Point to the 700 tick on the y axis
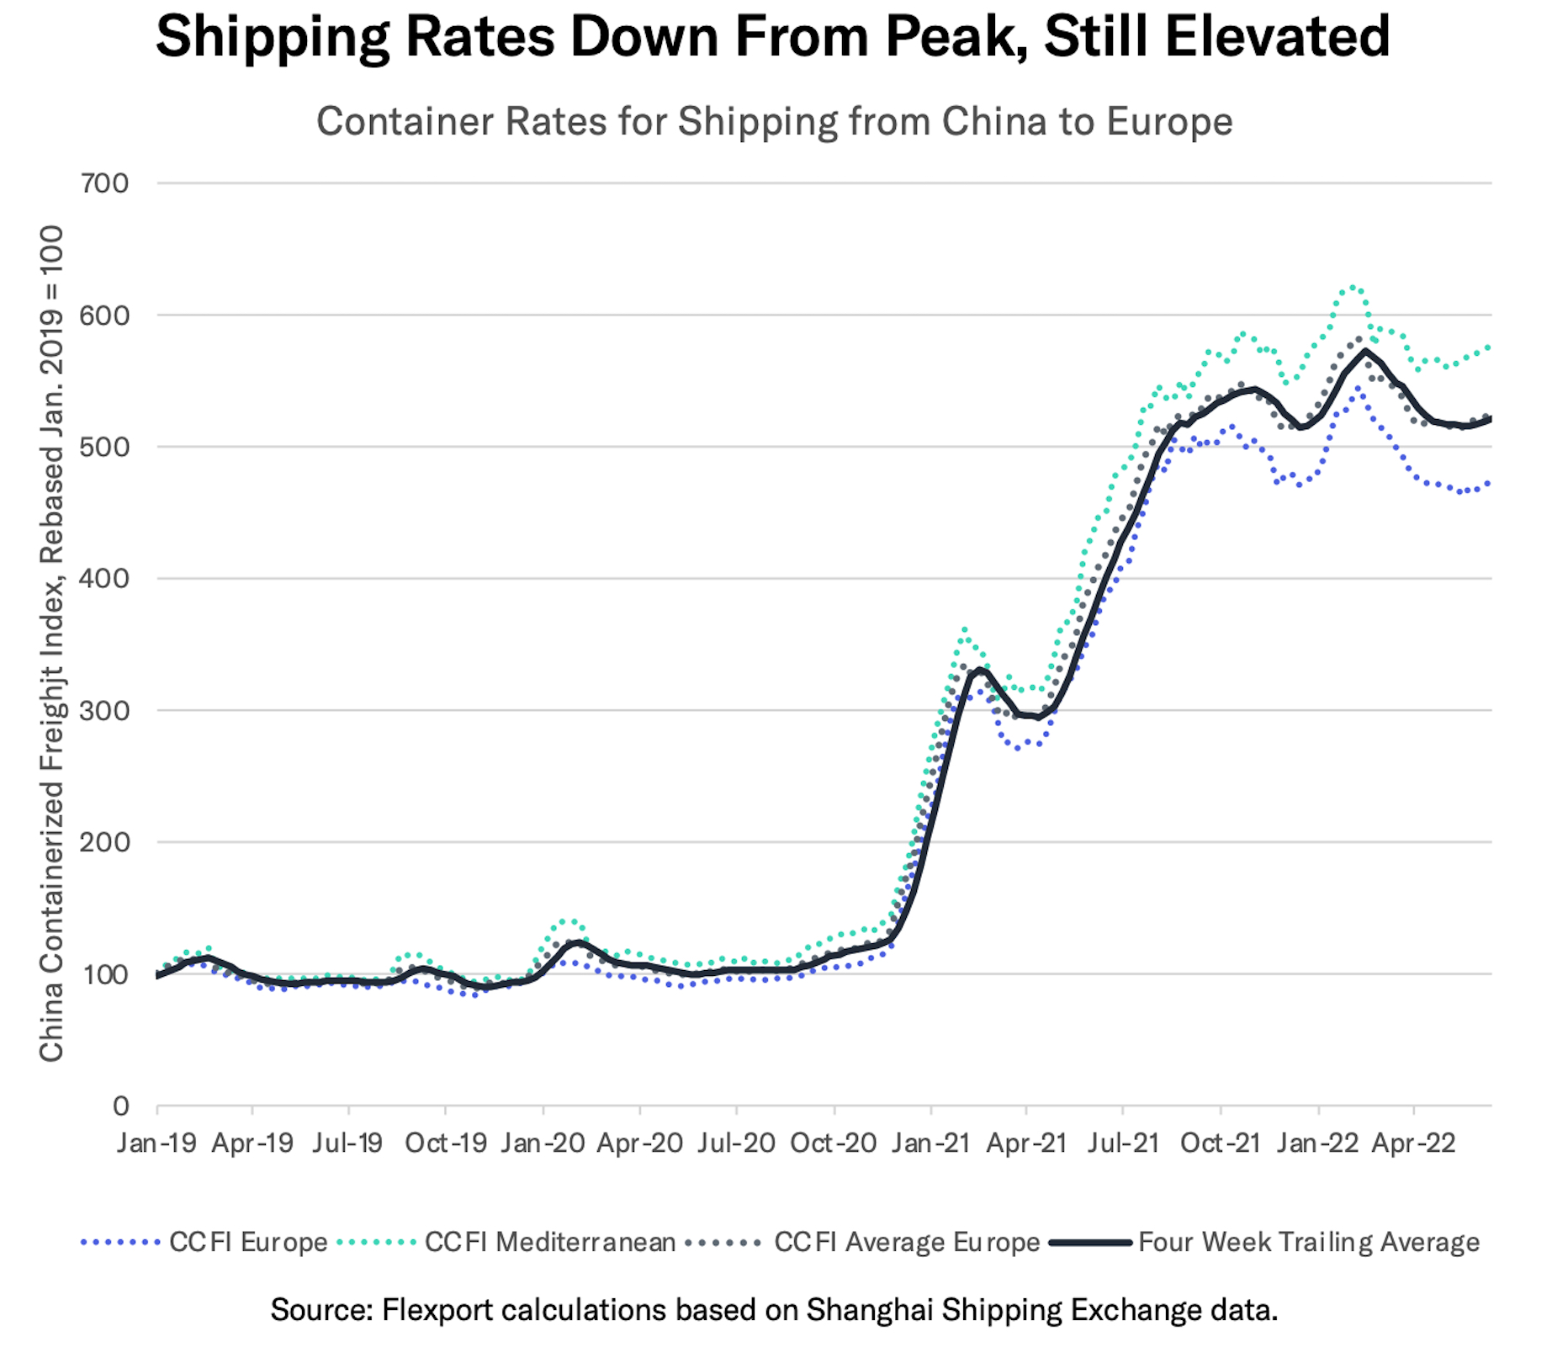pyautogui.click(x=105, y=183)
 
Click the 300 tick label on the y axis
pyautogui.click(x=105, y=710)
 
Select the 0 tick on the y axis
pyautogui.click(x=121, y=1106)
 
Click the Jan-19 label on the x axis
pyautogui.click(x=157, y=1143)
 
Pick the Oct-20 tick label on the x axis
pyautogui.click(x=834, y=1143)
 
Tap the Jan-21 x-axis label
pyautogui.click(x=930, y=1143)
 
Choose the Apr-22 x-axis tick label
pyautogui.click(x=1413, y=1143)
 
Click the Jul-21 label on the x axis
pyautogui.click(x=1123, y=1143)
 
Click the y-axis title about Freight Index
pyautogui.click(x=52, y=644)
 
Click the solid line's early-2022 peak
pyautogui.click(x=1365, y=350)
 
